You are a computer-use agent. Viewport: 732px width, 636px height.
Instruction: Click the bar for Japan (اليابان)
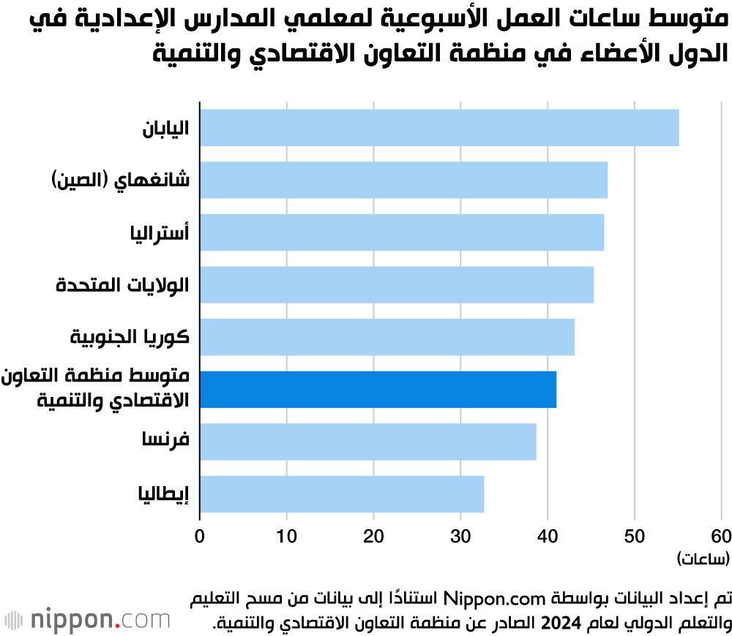pyautogui.click(x=439, y=127)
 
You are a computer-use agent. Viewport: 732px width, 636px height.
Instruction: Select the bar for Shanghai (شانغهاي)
pyautogui.click(x=403, y=180)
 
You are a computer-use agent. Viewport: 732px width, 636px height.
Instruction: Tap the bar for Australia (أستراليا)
pyautogui.click(x=402, y=232)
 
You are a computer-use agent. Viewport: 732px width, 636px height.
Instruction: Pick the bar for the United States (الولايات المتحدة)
pyautogui.click(x=396, y=284)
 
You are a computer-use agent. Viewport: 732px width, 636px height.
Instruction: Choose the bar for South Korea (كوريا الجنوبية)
pyautogui.click(x=386, y=337)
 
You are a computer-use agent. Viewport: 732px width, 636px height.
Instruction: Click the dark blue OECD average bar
pyautogui.click(x=378, y=389)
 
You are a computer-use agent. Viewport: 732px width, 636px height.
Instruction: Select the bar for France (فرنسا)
pyautogui.click(x=367, y=442)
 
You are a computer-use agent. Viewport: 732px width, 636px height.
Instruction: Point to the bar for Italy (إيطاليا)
pyautogui.click(x=342, y=494)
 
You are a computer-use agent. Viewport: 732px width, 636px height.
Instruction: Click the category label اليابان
pyautogui.click(x=165, y=128)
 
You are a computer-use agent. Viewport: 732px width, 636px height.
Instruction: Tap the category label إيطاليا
pyautogui.click(x=163, y=495)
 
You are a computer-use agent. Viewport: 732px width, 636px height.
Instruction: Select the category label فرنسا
pyautogui.click(x=165, y=442)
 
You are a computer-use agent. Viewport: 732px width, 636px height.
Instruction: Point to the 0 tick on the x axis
pyautogui.click(x=200, y=535)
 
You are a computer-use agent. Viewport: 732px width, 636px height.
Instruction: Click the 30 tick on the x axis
pyautogui.click(x=460, y=535)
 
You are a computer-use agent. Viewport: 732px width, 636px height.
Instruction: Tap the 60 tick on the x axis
pyautogui.click(x=721, y=535)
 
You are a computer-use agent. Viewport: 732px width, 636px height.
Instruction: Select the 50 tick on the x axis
pyautogui.click(x=634, y=535)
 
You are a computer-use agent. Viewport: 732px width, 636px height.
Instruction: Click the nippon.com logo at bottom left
pyautogui.click(x=88, y=620)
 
